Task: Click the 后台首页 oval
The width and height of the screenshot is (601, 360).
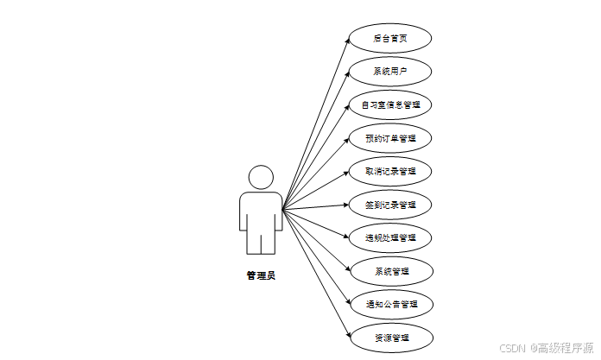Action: [x=390, y=38]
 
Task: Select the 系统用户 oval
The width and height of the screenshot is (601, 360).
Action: [x=390, y=71]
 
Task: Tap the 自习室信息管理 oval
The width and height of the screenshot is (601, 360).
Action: [x=390, y=104]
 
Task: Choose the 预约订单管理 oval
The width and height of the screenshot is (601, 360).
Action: [x=390, y=137]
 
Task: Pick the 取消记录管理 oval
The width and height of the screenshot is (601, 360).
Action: [x=390, y=171]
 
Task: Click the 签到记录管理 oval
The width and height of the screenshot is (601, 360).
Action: [x=390, y=205]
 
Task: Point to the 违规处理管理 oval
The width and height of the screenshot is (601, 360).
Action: [x=390, y=237]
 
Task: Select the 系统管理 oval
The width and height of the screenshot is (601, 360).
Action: [x=390, y=271]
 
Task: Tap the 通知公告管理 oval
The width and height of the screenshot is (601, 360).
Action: [x=390, y=304]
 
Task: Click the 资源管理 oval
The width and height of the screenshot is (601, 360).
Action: [x=390, y=338]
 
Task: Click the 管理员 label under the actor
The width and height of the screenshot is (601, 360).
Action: [x=260, y=276]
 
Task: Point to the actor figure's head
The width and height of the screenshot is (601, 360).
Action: [x=260, y=177]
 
